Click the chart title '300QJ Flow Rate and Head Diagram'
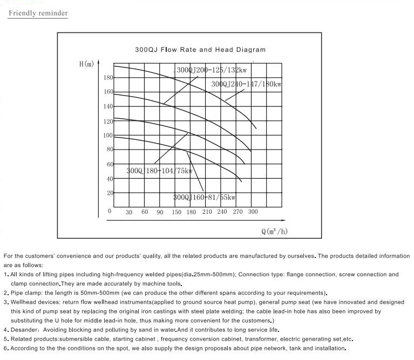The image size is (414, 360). (200, 50)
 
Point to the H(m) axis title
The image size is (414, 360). (86, 64)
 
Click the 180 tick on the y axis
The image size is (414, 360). (108, 78)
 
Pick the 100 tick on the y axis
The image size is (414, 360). (108, 135)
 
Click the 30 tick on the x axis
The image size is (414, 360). (129, 212)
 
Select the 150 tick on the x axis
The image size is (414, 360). (177, 212)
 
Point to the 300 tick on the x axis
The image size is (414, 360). (253, 212)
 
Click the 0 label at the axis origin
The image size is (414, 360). (110, 211)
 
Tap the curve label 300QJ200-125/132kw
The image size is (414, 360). (213, 70)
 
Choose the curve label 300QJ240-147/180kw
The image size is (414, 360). (247, 84)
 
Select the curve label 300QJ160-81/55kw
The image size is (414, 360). (205, 197)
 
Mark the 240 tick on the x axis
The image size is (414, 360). (222, 212)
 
